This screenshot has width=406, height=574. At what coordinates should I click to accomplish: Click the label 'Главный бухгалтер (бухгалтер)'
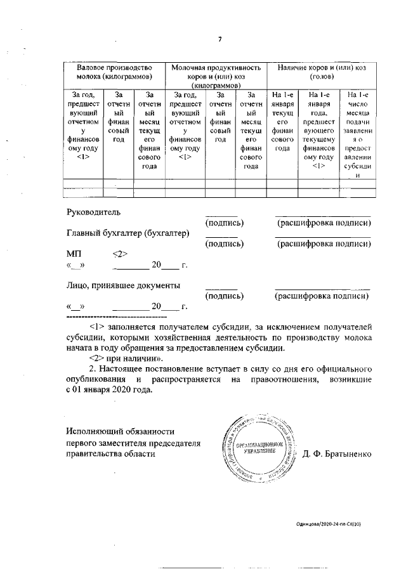128,233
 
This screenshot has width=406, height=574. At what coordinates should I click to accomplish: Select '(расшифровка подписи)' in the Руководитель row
324,223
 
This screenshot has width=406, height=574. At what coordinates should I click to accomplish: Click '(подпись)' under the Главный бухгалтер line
225,244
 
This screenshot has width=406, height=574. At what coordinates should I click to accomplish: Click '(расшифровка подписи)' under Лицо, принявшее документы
322,296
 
